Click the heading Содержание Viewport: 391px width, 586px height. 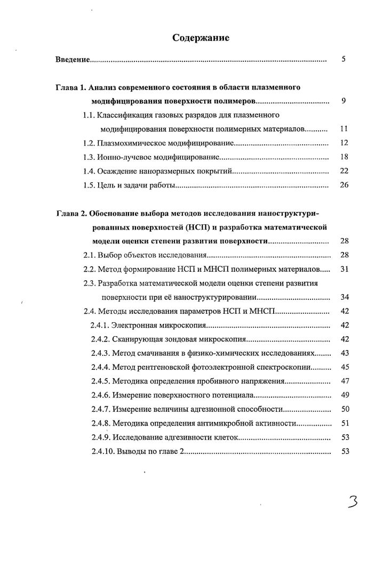pyautogui.click(x=201, y=38)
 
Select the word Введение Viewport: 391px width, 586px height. pyautogui.click(x=73, y=59)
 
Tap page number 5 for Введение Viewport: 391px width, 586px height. pyautogui.click(x=344, y=59)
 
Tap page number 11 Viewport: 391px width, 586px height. pyautogui.click(x=344, y=129)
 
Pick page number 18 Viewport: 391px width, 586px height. pyautogui.click(x=344, y=157)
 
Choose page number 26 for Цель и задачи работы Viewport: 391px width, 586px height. pyautogui.click(x=344, y=186)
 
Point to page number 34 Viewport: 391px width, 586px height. pyautogui.click(x=344, y=297)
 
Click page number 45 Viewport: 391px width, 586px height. pyautogui.click(x=344, y=367)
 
